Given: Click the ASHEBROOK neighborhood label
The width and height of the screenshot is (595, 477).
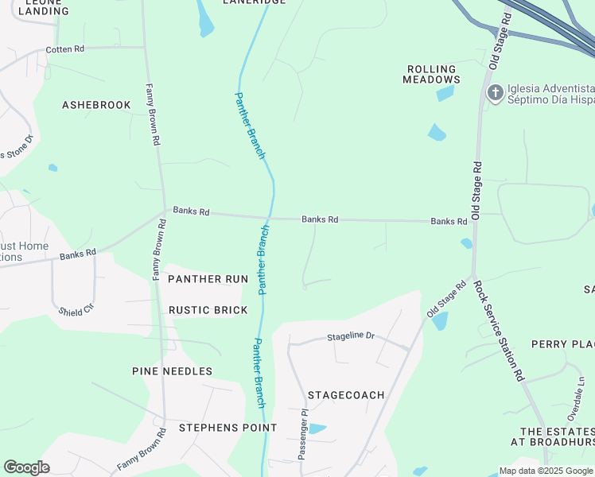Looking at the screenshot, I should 96,105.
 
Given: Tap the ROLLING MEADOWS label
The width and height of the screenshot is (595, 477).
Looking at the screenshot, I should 431,75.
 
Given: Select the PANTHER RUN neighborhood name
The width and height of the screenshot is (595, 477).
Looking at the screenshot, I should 208,279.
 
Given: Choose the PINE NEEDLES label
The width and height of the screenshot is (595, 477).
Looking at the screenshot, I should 172,371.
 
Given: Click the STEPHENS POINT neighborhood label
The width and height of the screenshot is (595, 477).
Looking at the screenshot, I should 227,428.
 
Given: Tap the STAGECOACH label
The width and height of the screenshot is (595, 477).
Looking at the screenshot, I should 346,395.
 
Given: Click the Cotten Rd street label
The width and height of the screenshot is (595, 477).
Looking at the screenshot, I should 64,49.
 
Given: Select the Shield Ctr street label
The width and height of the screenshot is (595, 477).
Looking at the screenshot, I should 76,308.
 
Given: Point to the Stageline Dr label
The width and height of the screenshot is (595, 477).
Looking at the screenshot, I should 350,336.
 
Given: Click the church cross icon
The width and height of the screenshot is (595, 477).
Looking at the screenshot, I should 495,93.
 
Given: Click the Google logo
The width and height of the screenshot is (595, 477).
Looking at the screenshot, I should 26,467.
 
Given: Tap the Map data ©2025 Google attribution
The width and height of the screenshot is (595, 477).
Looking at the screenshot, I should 546,471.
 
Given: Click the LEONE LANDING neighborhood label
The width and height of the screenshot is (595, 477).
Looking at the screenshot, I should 43,6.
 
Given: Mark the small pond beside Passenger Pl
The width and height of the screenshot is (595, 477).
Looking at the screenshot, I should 316,429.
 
